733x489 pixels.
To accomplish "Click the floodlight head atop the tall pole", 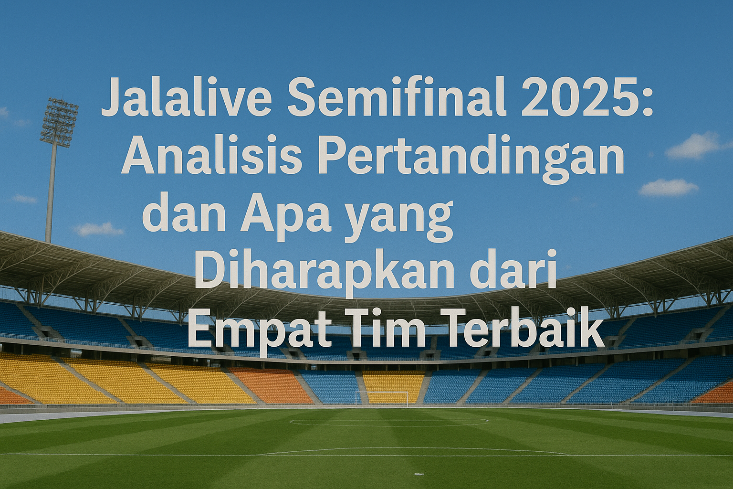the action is coord(59,122).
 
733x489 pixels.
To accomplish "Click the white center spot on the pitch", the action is coord(418,474).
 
